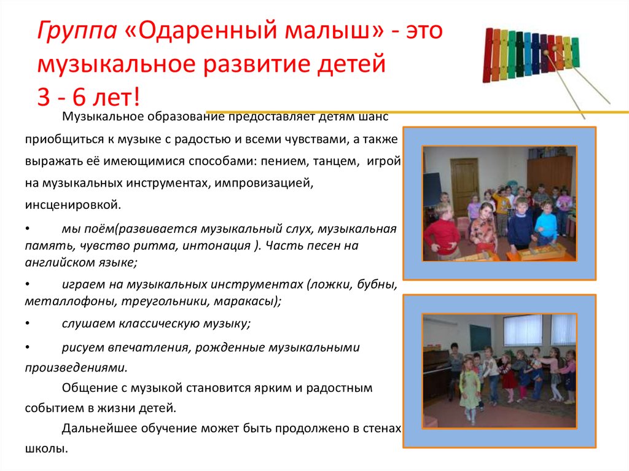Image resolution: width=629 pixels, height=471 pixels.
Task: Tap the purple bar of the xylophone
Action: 543,53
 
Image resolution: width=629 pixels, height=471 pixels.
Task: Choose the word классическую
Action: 147,323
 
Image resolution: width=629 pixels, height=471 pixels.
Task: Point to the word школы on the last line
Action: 45,448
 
